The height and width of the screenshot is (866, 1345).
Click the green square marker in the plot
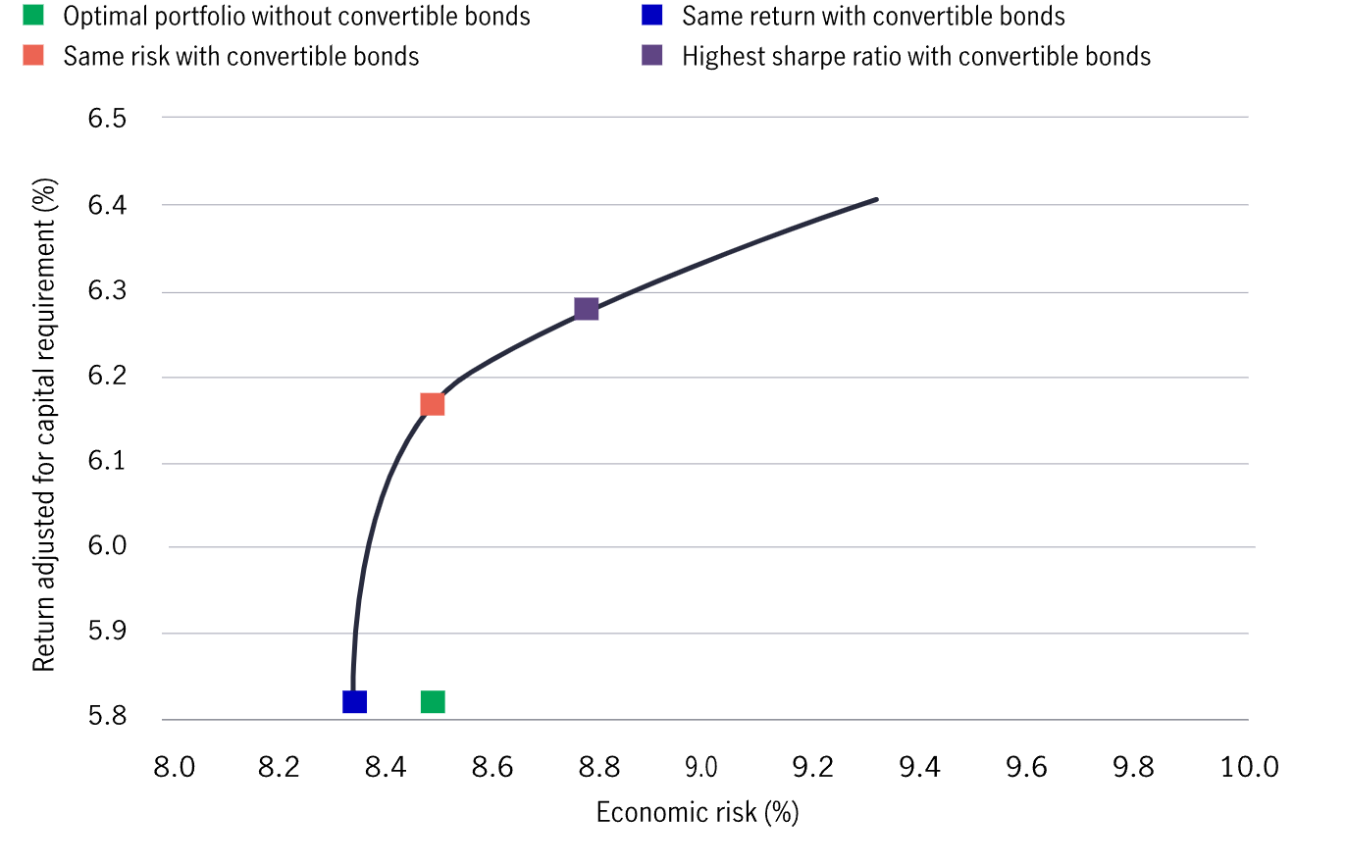coord(433,702)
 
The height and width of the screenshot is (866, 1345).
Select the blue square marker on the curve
coord(354,702)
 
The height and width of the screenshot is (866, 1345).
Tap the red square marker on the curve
coord(433,404)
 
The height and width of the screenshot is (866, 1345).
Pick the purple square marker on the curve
coord(586,309)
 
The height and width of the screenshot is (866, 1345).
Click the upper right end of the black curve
coord(876,199)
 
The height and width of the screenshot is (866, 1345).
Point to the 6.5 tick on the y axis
coord(107,119)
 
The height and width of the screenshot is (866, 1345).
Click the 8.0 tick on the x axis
coord(175,766)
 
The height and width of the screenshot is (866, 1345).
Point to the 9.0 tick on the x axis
coord(702,766)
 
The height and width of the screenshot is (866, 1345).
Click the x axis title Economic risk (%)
coord(698,812)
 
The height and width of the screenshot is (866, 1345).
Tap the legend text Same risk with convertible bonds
coord(241,56)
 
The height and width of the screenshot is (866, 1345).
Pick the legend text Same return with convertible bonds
coord(873,16)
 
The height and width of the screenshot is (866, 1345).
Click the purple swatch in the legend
coord(651,56)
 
